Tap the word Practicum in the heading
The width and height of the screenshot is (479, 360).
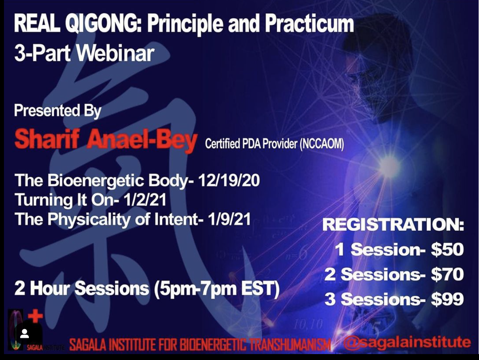point(309,24)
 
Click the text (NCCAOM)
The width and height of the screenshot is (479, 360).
point(322,144)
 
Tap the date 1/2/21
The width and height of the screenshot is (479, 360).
point(145,200)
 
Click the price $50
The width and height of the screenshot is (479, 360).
point(447,249)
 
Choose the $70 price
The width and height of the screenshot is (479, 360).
point(447,274)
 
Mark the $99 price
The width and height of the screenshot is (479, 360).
point(447,299)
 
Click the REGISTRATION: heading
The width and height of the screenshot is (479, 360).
point(393,225)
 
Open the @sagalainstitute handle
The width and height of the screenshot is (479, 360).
point(407,342)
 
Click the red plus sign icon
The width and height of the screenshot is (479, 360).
point(36,316)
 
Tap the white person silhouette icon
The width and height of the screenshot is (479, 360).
point(25,333)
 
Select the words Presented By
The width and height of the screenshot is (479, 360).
point(58,111)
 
